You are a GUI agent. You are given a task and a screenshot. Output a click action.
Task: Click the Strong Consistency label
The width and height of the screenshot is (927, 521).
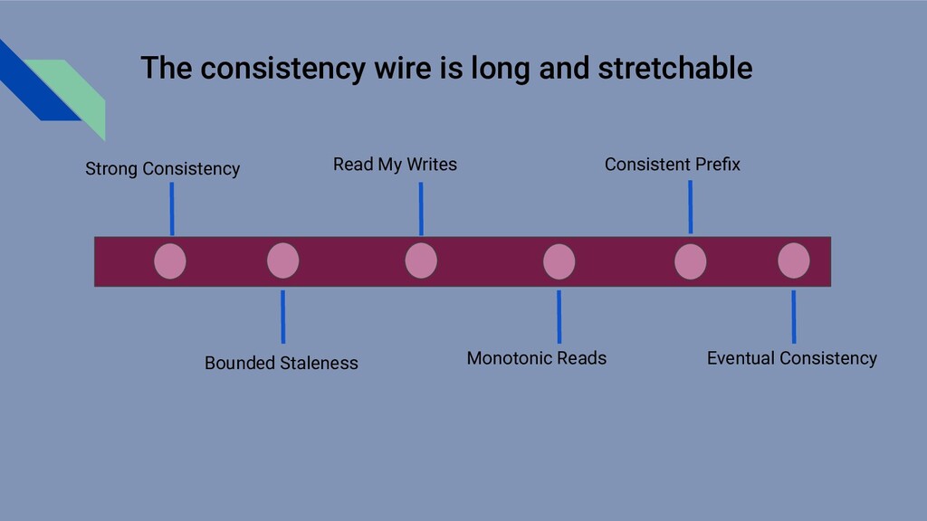(162, 169)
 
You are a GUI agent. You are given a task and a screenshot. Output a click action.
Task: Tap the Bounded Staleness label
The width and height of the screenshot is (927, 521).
(281, 364)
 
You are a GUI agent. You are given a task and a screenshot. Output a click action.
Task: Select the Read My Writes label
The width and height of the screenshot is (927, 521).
(395, 165)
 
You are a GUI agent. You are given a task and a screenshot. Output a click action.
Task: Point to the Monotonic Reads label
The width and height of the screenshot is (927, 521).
(536, 359)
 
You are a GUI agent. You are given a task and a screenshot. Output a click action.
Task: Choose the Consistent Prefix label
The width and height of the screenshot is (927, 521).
(672, 165)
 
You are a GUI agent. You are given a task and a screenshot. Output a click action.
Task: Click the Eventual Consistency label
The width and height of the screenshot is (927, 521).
(791, 359)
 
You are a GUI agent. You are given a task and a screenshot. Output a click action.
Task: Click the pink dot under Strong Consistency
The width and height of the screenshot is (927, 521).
(170, 261)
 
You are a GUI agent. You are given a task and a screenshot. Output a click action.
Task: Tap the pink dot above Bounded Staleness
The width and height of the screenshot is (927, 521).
(282, 261)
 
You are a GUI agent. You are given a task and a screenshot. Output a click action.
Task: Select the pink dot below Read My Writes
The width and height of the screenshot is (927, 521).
(421, 261)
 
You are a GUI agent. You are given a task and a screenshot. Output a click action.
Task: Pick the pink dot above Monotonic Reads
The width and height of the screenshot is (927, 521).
(559, 261)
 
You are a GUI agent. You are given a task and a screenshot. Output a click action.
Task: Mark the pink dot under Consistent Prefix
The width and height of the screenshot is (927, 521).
(691, 261)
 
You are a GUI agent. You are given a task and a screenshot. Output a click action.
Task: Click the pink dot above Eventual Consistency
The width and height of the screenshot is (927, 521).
(794, 261)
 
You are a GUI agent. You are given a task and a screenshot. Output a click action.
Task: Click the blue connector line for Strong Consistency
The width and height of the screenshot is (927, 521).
(172, 209)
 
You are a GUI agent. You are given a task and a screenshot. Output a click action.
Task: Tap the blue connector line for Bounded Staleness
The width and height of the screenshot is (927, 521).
(282, 317)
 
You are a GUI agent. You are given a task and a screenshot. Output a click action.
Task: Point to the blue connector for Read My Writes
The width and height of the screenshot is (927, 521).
(421, 209)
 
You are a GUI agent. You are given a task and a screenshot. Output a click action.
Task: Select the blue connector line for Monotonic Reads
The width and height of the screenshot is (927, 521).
(559, 317)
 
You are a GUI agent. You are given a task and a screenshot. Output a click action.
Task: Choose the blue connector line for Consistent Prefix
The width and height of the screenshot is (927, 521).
(690, 207)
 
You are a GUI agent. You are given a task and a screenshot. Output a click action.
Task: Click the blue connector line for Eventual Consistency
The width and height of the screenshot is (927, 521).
(794, 317)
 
